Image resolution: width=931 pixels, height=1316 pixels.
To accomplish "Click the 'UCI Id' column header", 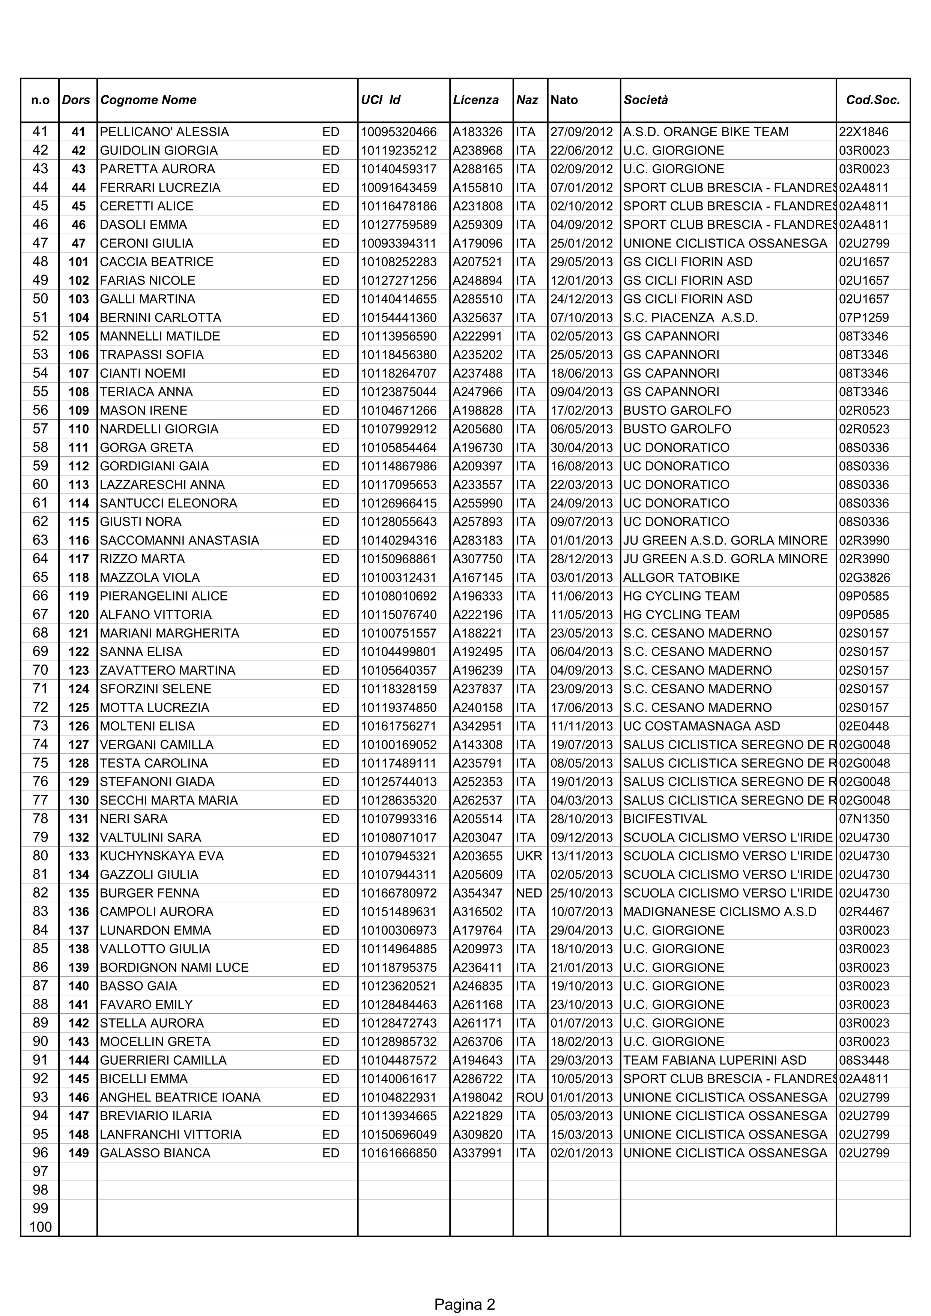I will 380,100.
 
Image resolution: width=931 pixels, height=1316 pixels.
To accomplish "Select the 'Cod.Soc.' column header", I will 872,100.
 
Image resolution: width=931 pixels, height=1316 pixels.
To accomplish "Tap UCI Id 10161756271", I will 399,726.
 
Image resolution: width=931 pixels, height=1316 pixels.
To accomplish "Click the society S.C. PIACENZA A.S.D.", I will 690,318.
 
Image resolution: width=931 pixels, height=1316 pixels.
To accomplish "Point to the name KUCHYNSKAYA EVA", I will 162,856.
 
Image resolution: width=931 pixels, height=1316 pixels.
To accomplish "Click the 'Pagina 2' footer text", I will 465,1289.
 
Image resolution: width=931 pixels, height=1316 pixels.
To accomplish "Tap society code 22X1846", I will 863,132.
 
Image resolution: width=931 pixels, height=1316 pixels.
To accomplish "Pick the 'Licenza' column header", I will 475,100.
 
